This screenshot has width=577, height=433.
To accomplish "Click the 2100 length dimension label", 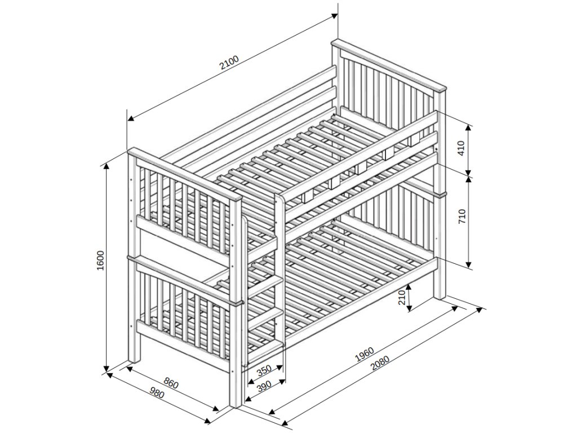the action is pyautogui.click(x=229, y=63).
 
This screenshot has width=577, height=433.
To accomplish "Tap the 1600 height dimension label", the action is pyautogui.click(x=101, y=260).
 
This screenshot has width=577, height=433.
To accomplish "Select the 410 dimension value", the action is pyautogui.click(x=462, y=148).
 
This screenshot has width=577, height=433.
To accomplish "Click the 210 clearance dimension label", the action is pyautogui.click(x=402, y=298).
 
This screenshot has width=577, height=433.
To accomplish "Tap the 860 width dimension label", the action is pyautogui.click(x=171, y=383).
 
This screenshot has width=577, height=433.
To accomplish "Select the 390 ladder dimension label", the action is pyautogui.click(x=264, y=386).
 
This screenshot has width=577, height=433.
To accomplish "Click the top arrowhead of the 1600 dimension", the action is pyautogui.click(x=106, y=167).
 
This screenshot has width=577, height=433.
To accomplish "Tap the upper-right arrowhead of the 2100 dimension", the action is pyautogui.click(x=334, y=16).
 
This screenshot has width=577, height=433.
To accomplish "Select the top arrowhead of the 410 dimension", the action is pyautogui.click(x=468, y=127).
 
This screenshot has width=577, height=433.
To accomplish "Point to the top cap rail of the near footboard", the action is pyautogui.click(x=184, y=174).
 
